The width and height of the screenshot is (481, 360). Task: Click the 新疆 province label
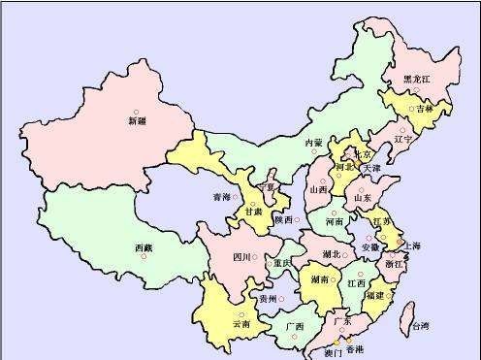pyautogui.click(x=137, y=122)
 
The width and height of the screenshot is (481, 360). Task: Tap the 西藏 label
pyautogui.click(x=143, y=249)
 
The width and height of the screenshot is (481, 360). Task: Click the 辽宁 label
pyautogui.click(x=404, y=139)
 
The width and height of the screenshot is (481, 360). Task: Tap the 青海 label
pyautogui.click(x=222, y=197)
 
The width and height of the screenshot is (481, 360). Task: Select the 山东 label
pyautogui.click(x=363, y=198)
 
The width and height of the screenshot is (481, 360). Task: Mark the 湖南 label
pyautogui.click(x=321, y=278)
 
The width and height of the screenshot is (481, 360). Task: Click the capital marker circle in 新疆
pyautogui.click(x=136, y=112)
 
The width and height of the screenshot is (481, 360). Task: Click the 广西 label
pyautogui.click(x=295, y=326)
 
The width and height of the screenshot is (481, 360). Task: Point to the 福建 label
pyautogui.click(x=374, y=294)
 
